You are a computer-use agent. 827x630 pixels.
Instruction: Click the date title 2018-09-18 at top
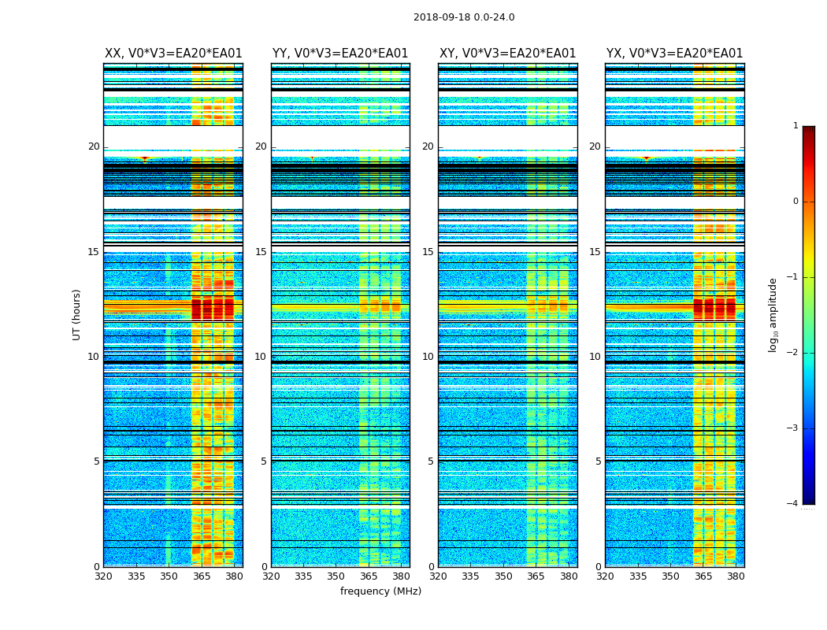tap(464, 17)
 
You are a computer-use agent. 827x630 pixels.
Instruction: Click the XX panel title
tap(173, 54)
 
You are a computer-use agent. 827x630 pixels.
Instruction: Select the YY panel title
tap(340, 54)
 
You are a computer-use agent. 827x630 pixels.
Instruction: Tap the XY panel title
tap(507, 54)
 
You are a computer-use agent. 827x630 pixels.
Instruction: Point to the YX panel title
tap(674, 54)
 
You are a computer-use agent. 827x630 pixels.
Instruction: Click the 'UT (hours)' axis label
tap(77, 314)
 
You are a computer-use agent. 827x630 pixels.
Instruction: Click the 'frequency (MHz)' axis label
tap(380, 591)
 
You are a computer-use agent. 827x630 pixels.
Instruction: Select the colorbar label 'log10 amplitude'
tap(773, 314)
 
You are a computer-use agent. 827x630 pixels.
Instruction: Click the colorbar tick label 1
tap(795, 126)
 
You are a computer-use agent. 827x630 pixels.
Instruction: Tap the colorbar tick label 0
tap(795, 202)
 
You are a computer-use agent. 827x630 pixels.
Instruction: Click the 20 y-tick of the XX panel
tap(94, 146)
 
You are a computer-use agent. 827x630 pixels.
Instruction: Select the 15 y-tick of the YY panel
tap(261, 252)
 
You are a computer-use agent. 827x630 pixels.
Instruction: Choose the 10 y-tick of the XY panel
tap(428, 357)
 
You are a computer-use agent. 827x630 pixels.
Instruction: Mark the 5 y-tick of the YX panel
tap(598, 461)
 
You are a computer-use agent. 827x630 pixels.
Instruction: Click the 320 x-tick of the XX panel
tap(104, 576)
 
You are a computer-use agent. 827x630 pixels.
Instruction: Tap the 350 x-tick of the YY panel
tap(336, 576)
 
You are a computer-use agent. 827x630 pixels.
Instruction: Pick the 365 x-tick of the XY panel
tap(536, 576)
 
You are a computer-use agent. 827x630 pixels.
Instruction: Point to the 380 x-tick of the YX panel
tap(736, 576)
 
